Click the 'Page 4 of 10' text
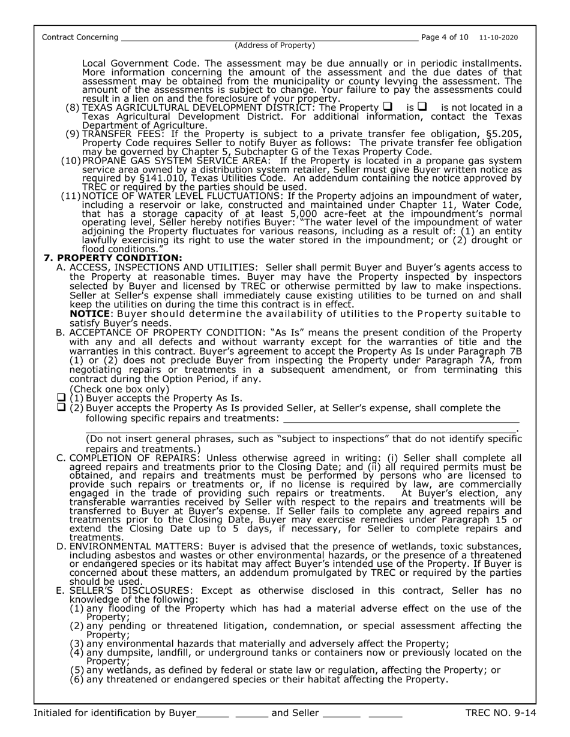tap(445, 37)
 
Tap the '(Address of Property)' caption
tap(275, 46)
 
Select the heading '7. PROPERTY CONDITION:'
tap(113, 258)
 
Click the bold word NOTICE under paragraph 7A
tap(89, 314)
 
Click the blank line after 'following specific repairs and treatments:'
tap(400, 419)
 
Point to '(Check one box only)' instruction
tap(120, 389)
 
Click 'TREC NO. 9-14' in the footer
tap(500, 713)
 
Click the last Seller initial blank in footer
tap(385, 715)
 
